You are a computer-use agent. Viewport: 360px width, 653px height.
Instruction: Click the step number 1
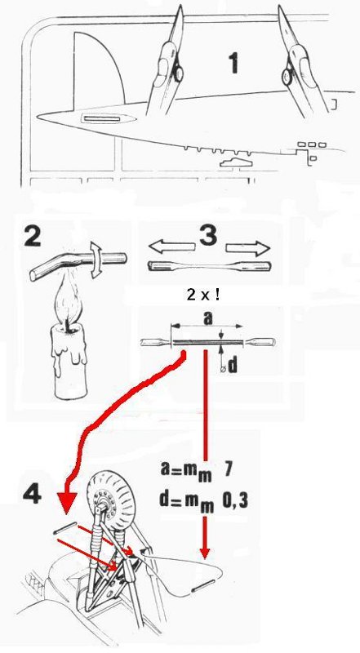point(233,63)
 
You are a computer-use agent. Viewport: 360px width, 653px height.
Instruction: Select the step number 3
point(207,236)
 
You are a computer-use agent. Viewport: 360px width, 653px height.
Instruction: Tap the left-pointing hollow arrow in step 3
point(171,248)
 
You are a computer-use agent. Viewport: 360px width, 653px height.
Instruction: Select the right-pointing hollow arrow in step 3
point(248,248)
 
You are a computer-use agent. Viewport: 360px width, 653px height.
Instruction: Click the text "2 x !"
point(203,295)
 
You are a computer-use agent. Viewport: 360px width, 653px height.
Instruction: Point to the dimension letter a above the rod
point(207,318)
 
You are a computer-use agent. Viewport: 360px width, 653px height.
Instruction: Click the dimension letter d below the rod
point(232,366)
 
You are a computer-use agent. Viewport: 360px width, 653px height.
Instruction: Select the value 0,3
point(234,501)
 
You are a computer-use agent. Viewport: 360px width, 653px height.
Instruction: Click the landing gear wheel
point(110,500)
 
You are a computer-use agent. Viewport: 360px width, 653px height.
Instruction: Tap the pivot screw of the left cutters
point(178,74)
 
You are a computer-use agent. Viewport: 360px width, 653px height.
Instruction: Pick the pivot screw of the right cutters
point(287,76)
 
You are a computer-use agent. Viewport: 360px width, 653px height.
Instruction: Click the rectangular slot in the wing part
point(101,119)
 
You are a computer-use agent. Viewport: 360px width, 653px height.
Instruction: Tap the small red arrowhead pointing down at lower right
point(204,553)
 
